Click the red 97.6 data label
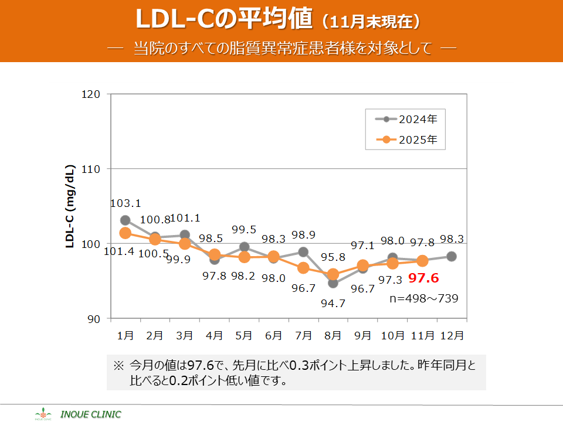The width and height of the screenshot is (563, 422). (x=424, y=278)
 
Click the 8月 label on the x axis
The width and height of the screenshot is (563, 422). (x=333, y=336)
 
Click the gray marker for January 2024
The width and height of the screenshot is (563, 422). (x=126, y=220)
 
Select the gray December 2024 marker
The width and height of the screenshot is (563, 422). (x=452, y=256)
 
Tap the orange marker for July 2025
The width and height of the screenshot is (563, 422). (x=303, y=268)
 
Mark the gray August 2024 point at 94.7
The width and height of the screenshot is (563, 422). (x=333, y=283)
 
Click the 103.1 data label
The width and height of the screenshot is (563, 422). (x=126, y=203)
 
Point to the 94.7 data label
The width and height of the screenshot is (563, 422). (x=333, y=304)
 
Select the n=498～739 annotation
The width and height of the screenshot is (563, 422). (x=424, y=298)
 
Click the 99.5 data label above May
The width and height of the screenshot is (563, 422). (x=244, y=230)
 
